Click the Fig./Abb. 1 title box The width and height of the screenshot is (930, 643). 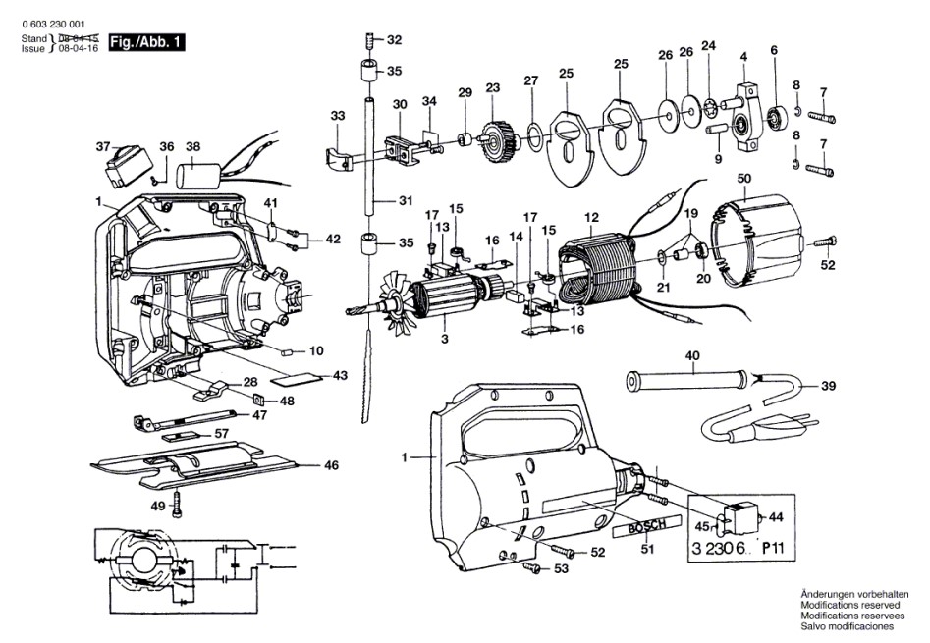pos(144,42)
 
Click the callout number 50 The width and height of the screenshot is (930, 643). pos(744,177)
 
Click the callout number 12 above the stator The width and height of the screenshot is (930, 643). pos(590,217)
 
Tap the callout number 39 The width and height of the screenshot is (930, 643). pos(828,386)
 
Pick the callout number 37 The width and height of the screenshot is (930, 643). pos(103,146)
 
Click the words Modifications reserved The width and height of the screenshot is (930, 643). pos(847,605)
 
